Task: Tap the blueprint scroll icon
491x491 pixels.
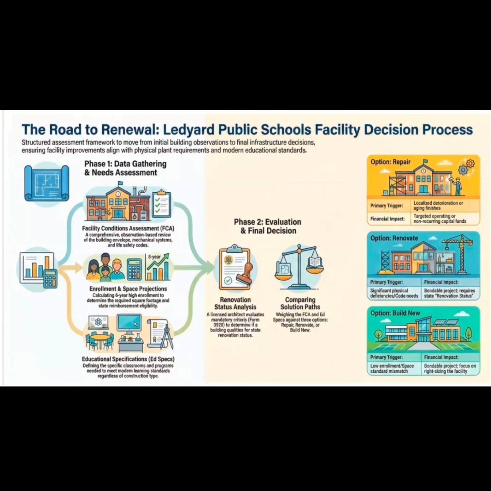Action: click(x=47, y=183)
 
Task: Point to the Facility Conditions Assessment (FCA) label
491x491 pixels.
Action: click(x=128, y=228)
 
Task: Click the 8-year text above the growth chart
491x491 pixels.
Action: click(x=154, y=257)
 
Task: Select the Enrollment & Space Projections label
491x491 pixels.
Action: click(x=128, y=289)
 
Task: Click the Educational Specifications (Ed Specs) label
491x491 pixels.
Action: click(x=128, y=359)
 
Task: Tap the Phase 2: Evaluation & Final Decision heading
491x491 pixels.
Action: click(x=268, y=226)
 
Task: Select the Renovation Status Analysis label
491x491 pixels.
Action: click(x=235, y=303)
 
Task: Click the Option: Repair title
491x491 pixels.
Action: click(x=390, y=162)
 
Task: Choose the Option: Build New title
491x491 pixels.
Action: click(x=395, y=313)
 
